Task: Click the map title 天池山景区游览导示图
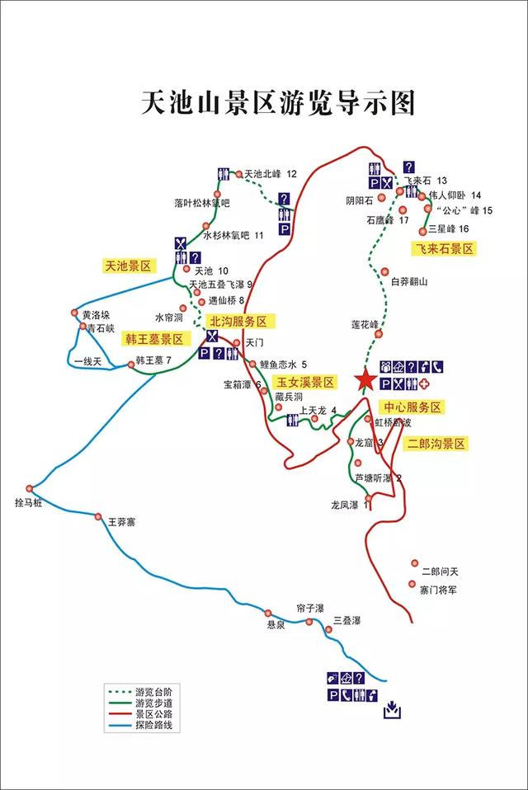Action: (x=277, y=105)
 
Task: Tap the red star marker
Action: (x=364, y=380)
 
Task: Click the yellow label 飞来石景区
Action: (x=446, y=247)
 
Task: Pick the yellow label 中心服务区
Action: (x=412, y=407)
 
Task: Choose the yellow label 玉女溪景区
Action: (x=305, y=382)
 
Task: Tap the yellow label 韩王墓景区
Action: (x=155, y=339)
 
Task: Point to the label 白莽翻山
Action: (x=409, y=282)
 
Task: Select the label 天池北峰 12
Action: (x=271, y=174)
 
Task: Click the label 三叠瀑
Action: (x=347, y=620)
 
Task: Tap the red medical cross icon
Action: (x=425, y=385)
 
